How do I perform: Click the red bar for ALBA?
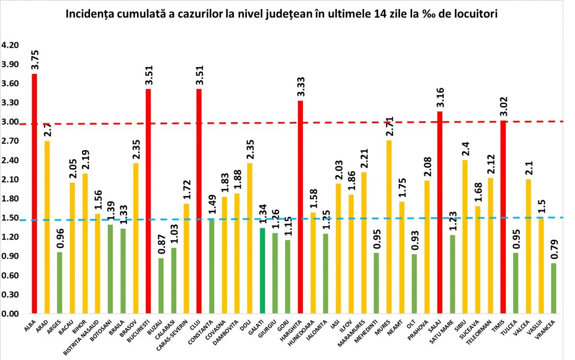tap(34, 194)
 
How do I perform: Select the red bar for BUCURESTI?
tap(149, 201)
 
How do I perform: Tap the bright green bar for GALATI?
tap(263, 271)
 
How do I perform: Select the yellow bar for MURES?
tap(389, 227)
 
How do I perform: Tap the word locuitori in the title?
tap(475, 14)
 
